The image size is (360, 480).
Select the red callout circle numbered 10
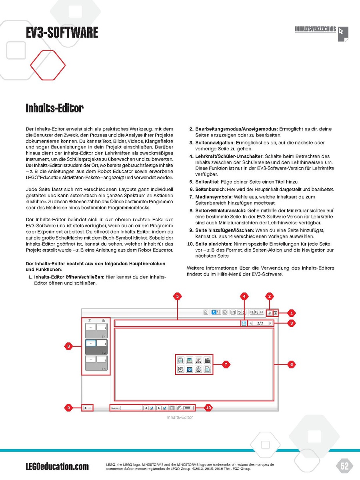tap(208, 408)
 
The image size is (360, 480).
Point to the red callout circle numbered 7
tap(226, 364)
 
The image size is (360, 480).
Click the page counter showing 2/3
tap(260, 323)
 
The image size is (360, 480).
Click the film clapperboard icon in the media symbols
tap(207, 360)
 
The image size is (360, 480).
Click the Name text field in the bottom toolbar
tap(131, 408)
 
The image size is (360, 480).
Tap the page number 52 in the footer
tap(344, 466)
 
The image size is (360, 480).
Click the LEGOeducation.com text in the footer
tap(57, 466)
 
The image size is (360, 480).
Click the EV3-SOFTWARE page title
tap(62, 32)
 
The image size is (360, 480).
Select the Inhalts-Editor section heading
tap(54, 108)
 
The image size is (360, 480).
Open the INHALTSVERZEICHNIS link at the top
tap(315, 30)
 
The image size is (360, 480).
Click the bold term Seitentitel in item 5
tap(207, 182)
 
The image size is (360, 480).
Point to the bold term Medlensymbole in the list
tap(214, 197)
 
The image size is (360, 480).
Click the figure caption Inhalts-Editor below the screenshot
tap(180, 418)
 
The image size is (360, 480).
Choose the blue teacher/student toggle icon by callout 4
tap(244, 323)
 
